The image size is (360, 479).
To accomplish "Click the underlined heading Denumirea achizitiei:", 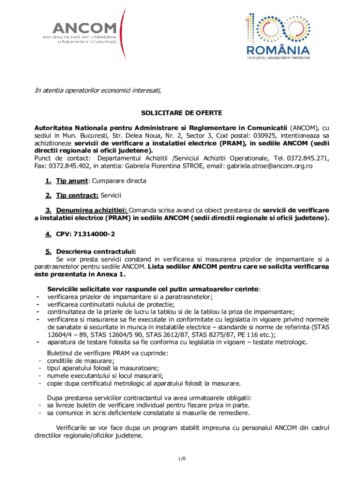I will click(91, 210).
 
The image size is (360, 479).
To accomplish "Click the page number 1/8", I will click(182, 458).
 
